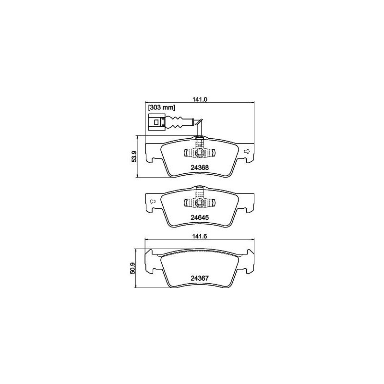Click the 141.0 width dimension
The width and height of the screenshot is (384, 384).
[199, 99]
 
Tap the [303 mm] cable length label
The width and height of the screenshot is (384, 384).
[161, 108]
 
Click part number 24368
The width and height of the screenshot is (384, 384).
[199, 168]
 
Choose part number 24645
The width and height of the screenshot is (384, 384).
[199, 217]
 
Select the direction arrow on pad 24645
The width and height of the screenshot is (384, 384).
[151, 201]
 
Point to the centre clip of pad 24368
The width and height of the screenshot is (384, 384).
[199, 153]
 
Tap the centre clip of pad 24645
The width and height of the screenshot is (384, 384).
[199, 203]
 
